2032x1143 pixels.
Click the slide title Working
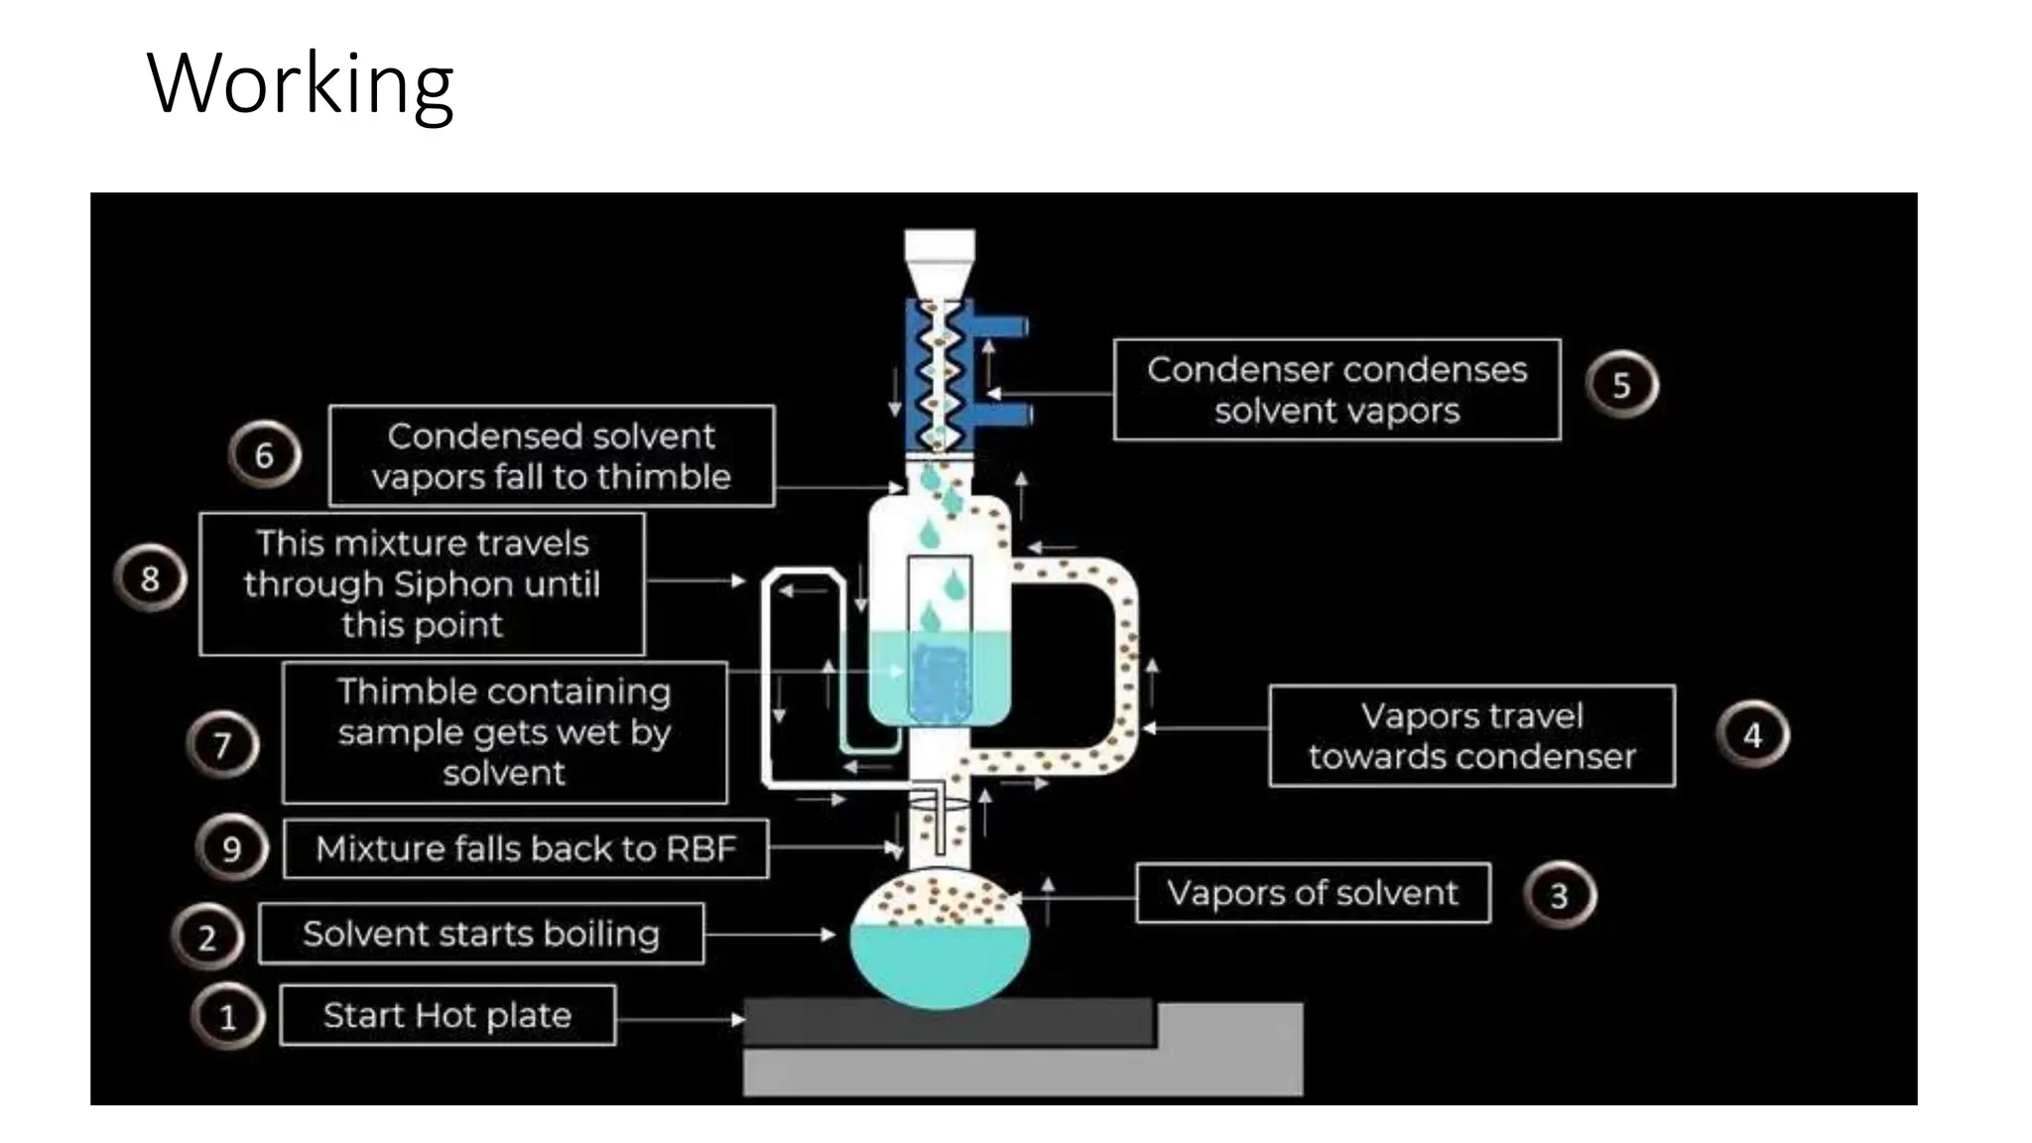point(300,83)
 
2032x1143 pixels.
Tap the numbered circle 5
point(1621,385)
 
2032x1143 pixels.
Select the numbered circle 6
point(264,455)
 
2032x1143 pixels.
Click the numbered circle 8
point(150,578)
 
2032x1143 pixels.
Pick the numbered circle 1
point(228,1017)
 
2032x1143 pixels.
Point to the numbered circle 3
point(1559,896)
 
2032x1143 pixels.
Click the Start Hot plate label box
point(447,1015)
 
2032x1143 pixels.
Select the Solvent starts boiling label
point(481,934)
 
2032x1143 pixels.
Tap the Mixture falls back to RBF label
point(526,848)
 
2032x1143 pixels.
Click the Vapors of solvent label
point(1312,893)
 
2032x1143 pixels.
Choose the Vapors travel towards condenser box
point(1471,736)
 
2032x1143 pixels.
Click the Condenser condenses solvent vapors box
point(1336,390)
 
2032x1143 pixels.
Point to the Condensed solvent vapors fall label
point(551,456)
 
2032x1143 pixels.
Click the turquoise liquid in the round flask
point(939,962)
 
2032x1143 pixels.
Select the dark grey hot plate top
point(948,1023)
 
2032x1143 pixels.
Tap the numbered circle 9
point(232,849)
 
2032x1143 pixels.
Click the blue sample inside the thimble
point(939,683)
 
